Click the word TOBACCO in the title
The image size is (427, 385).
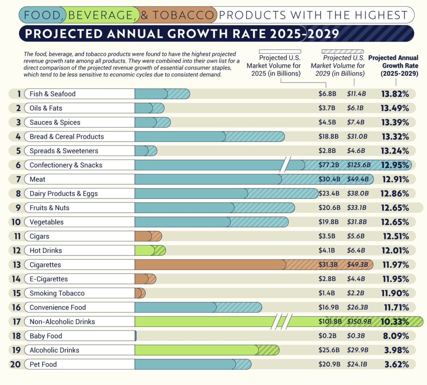coord(183,15)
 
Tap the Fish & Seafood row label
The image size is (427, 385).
coord(53,94)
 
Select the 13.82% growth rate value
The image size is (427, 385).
coord(395,94)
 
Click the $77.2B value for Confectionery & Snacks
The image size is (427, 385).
coord(329,165)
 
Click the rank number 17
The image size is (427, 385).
coord(16,321)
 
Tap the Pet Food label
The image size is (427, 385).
coord(43,364)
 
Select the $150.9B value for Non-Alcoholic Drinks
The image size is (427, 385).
coord(359,321)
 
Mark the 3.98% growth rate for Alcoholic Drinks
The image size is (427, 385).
coord(396,350)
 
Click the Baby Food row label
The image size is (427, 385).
coord(46,336)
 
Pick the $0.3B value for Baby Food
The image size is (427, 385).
coord(356,336)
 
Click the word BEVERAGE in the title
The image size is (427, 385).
coord(100,15)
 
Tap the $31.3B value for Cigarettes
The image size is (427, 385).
coord(328,265)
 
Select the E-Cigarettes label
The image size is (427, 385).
coord(49,279)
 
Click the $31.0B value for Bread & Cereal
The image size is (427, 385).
coord(357,137)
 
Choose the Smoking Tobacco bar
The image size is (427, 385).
coord(140,293)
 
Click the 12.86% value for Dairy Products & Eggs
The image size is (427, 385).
coord(395,194)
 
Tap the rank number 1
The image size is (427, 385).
coord(19,94)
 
